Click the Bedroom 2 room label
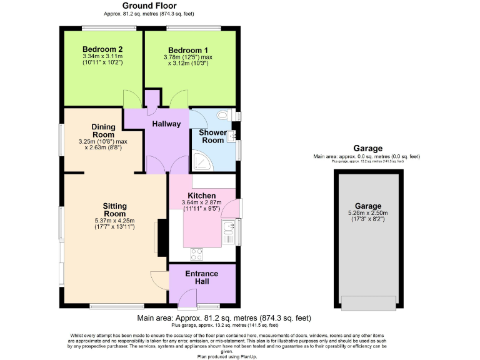coord(102,49)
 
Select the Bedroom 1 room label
coord(187,50)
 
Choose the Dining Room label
coord(103,131)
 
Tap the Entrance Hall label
coord(201,277)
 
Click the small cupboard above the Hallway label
coord(151,99)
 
